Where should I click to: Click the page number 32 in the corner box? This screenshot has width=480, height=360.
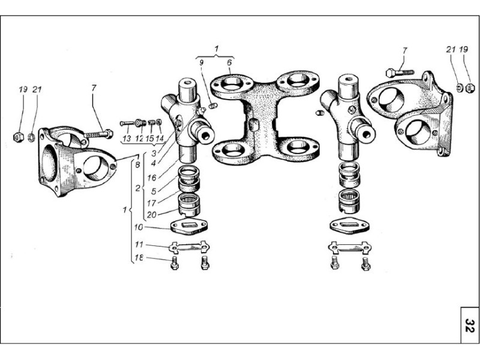pyautogui.click(x=470, y=325)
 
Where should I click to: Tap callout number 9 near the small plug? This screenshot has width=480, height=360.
pyautogui.click(x=202, y=63)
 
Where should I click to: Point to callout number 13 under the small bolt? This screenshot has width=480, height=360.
pyautogui.click(x=127, y=139)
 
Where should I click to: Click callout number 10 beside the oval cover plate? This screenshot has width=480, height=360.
pyautogui.click(x=139, y=227)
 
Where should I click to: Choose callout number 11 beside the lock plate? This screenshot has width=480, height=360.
pyautogui.click(x=139, y=245)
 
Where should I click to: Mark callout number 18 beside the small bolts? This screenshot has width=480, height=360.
pyautogui.click(x=139, y=258)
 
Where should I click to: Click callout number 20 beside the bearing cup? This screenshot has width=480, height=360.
pyautogui.click(x=152, y=215)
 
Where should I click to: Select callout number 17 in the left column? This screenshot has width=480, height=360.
pyautogui.click(x=151, y=203)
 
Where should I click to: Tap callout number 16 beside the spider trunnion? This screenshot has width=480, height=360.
pyautogui.click(x=152, y=178)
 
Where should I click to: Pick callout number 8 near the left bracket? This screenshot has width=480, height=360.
pyautogui.click(x=137, y=164)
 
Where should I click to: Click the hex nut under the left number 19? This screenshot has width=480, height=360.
pyautogui.click(x=19, y=137)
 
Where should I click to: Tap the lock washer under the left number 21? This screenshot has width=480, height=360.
pyautogui.click(x=31, y=137)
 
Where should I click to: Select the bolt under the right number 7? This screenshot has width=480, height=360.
pyautogui.click(x=400, y=73)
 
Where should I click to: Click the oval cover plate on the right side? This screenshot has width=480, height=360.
pyautogui.click(x=349, y=226)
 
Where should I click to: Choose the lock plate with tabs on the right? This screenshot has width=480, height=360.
pyautogui.click(x=350, y=247)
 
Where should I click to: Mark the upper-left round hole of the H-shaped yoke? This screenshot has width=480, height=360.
pyautogui.click(x=232, y=83)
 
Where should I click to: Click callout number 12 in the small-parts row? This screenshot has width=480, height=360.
pyautogui.click(x=139, y=139)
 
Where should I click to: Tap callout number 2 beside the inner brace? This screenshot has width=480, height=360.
pyautogui.click(x=137, y=188)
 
